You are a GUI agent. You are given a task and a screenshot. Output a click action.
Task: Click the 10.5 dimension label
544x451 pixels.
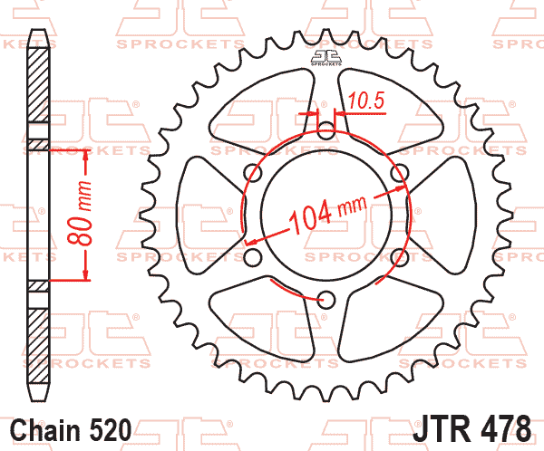pos(367,102)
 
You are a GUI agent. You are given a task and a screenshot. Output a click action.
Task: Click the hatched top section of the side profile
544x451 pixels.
pos(37,82)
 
